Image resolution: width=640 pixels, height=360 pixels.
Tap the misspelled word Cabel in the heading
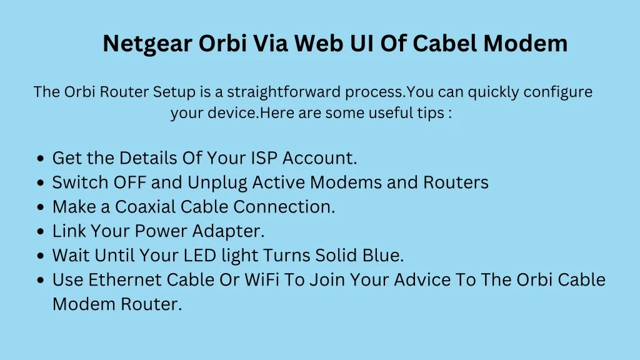[x=444, y=43]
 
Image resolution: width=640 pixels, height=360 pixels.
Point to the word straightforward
[x=284, y=92]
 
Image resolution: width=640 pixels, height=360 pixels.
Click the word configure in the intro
[x=557, y=92]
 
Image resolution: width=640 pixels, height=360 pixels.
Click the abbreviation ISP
[x=264, y=158]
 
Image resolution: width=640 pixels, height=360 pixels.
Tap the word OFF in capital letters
[x=130, y=182]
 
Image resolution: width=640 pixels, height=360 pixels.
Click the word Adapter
[x=228, y=232]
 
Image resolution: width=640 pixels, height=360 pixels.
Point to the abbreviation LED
[x=199, y=256]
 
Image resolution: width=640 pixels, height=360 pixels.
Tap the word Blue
[x=383, y=256]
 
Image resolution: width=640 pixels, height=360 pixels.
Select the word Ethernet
[x=125, y=280]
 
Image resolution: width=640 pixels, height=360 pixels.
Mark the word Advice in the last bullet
[x=422, y=280]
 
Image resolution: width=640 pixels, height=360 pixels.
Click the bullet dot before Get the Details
[x=40, y=158]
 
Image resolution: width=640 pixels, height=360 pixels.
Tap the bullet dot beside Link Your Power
[x=40, y=231]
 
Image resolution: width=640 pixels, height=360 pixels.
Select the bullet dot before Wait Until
[x=40, y=256]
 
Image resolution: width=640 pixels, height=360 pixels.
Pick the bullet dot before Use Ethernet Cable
[x=40, y=281]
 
